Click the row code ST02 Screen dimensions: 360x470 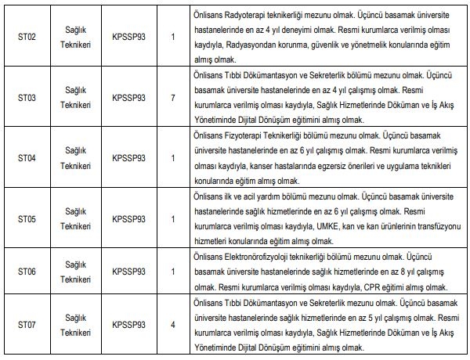click(x=28, y=35)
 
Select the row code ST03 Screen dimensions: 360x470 click(x=28, y=96)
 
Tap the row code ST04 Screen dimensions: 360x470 click(x=28, y=157)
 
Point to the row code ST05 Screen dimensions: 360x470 click(x=28, y=218)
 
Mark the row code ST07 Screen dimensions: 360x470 click(x=28, y=323)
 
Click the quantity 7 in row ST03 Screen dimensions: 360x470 click(x=172, y=96)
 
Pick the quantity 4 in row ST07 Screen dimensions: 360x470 click(x=172, y=323)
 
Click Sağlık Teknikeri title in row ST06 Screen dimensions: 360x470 click(x=75, y=271)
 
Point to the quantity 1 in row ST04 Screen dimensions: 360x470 click(x=172, y=157)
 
